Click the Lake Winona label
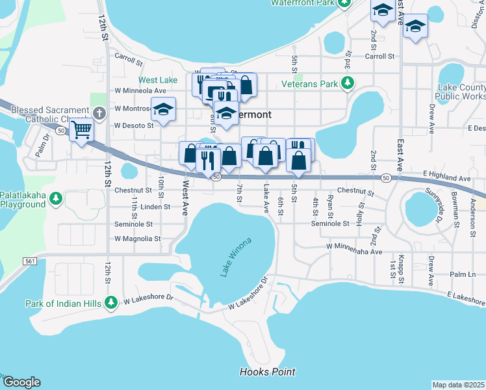(235, 258)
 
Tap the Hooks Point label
(267, 372)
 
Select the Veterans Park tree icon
(348, 83)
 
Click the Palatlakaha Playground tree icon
(57, 197)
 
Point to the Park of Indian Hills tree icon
(111, 302)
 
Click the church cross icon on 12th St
(99, 113)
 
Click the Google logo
(21, 382)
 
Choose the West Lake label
(158, 80)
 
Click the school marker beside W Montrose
(164, 109)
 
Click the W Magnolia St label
(137, 239)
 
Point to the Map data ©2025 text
(458, 385)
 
